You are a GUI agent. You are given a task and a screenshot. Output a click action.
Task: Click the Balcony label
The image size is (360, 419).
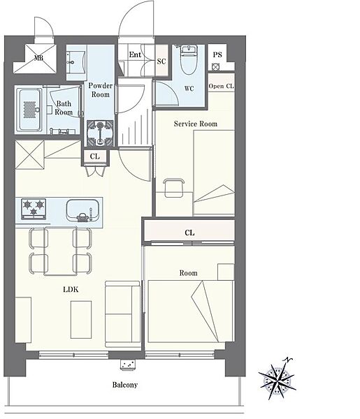pos(125,385)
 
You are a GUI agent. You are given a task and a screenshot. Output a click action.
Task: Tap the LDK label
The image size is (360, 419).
pos(71,289)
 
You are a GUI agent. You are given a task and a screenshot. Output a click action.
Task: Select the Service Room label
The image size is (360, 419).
pos(196,124)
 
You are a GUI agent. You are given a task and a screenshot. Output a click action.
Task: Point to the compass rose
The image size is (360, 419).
pos(278,378)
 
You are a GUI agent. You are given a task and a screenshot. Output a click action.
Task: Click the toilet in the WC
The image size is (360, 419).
pos(189,60)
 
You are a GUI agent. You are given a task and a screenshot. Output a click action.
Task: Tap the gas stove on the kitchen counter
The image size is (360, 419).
pos(34,209)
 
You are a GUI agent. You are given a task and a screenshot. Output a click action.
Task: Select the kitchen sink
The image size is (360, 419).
pos(82,210)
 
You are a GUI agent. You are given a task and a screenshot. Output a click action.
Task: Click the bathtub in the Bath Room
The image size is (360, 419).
pos(29,110)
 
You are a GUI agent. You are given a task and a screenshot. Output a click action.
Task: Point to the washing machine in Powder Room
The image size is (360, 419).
pos(100,133)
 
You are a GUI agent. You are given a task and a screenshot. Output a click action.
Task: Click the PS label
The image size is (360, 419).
pos(217,54)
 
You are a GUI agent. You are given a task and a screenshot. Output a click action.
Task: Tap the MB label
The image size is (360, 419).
pos(38,58)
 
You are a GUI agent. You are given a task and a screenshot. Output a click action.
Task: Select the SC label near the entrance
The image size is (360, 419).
pos(161,61)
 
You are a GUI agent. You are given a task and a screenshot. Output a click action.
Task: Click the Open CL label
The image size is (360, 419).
pos(221,86)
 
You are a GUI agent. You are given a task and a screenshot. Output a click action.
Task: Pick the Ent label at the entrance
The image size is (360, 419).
pos(135,54)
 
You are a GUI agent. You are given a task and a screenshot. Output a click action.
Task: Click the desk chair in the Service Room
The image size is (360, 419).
pos(174,188)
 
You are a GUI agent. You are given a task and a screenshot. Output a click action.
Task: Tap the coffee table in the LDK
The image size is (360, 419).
pos(81,320)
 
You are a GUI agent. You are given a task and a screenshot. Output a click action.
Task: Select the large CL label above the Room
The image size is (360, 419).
pos(189,233)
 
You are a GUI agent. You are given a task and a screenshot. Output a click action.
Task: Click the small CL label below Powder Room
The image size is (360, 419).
pos(94,156)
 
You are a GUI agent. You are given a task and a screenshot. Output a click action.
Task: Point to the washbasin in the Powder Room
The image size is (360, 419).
pos(76,63)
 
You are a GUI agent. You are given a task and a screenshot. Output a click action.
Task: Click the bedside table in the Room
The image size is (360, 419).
pos(226,272)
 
